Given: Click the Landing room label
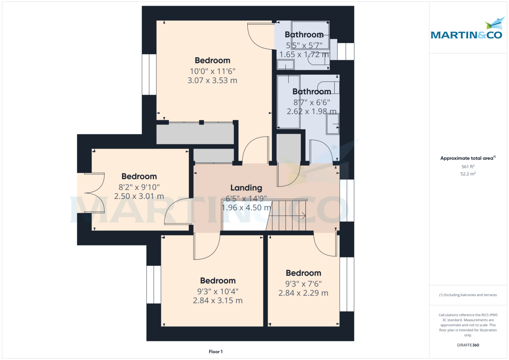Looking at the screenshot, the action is tap(246, 188).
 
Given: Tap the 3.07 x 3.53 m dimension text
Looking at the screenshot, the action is tap(212, 81).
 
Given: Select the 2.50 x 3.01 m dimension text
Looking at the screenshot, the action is tap(139, 196).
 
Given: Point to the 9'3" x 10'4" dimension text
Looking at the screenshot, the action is tap(218, 291).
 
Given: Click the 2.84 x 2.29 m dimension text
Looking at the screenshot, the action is tap(303, 293).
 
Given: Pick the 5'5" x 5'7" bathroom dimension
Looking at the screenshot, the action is tap(304, 45).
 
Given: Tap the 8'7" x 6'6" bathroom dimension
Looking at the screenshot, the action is tap(311, 103).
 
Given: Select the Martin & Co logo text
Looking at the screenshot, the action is tap(466, 35).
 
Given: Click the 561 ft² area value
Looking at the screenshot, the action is tap(468, 167).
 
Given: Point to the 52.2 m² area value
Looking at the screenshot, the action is tap(468, 174).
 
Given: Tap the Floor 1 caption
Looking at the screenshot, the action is tap(215, 352).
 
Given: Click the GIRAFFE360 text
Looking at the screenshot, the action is tap(468, 345).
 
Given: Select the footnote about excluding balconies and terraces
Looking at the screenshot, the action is tap(468, 295).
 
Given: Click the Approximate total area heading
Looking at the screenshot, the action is tap(468, 158).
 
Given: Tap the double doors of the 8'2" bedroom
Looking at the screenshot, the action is tap(95, 193).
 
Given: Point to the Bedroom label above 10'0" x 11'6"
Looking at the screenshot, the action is tap(213, 60).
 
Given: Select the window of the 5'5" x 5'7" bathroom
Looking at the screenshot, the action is tap(346, 51).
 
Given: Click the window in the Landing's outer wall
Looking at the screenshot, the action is tap(347, 201).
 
